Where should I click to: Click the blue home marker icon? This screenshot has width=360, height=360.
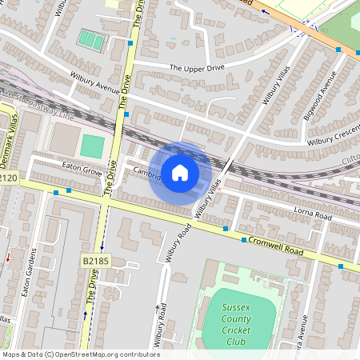click(x=180, y=172)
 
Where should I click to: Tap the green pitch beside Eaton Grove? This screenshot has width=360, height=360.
click(x=92, y=146)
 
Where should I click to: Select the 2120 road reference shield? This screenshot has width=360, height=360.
click(x=8, y=177)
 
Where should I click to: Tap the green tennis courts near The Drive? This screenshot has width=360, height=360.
click(x=90, y=39)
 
